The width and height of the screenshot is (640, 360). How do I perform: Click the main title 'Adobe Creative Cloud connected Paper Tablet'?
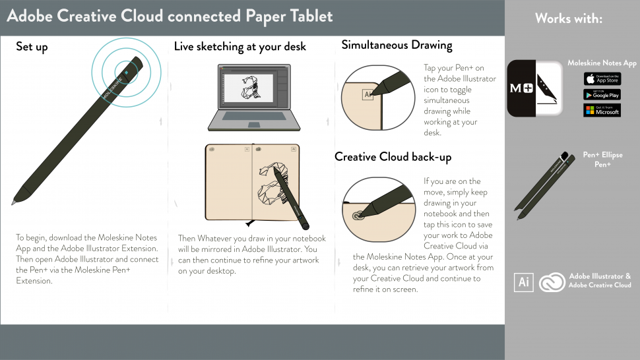tap(170, 16)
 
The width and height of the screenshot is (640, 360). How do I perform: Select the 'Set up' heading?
tap(32, 47)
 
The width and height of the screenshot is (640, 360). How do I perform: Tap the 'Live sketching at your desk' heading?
tap(240, 47)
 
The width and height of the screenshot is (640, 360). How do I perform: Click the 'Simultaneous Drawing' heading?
tap(397, 45)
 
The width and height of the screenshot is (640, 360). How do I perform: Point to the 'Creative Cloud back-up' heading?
tap(393, 157)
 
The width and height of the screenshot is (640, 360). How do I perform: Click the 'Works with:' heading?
tap(568, 18)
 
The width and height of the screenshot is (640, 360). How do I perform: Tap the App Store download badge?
tap(602, 79)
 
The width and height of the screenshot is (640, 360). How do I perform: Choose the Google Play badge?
tap(602, 95)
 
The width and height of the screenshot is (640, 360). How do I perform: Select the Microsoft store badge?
tap(602, 110)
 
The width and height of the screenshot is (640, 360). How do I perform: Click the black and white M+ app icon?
tap(535, 88)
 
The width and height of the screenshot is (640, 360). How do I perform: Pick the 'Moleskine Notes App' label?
tap(602, 63)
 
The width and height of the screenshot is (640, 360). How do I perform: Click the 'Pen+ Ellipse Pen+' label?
tap(602, 160)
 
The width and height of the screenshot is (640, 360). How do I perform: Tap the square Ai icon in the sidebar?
tap(524, 282)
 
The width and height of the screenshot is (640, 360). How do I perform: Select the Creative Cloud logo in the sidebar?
tap(552, 282)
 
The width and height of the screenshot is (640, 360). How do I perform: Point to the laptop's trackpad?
tap(253, 125)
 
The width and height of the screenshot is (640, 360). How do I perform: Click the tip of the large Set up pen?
tap(13, 203)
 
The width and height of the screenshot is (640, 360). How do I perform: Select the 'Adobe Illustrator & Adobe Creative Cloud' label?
tap(600, 281)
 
